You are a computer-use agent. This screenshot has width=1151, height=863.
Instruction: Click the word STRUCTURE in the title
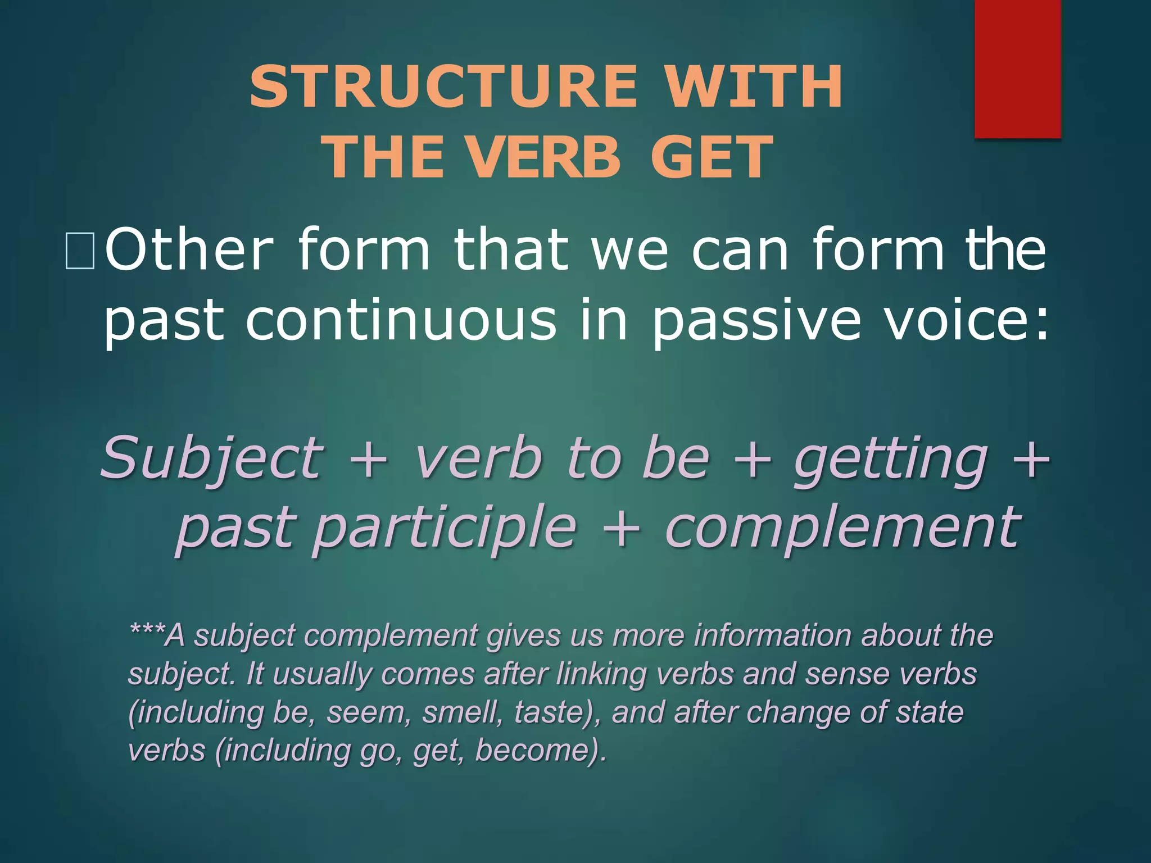click(x=444, y=87)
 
